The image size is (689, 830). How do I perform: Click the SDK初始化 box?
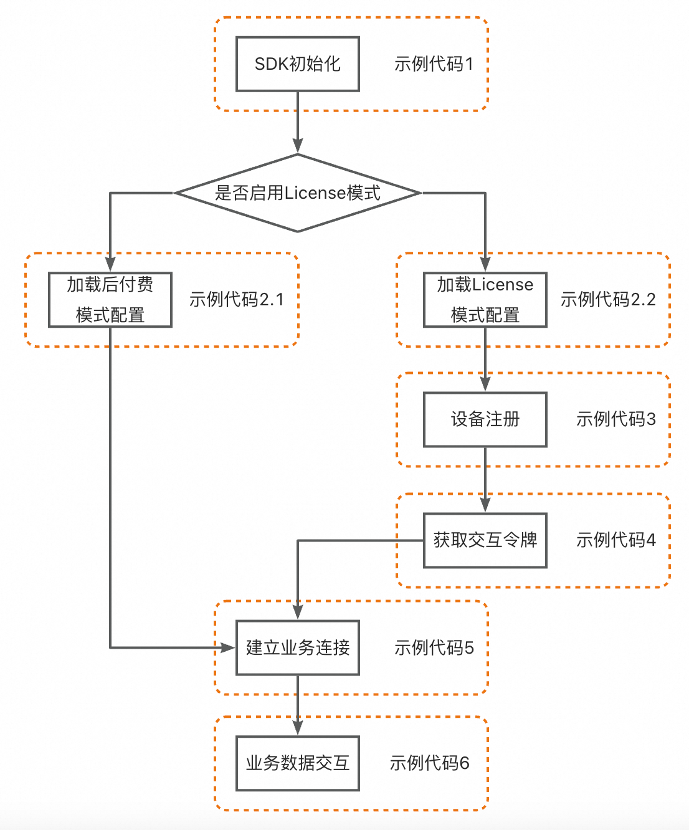[x=298, y=64]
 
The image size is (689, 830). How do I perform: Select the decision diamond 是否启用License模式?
[x=298, y=193]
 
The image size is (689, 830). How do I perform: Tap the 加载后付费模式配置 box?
[x=110, y=300]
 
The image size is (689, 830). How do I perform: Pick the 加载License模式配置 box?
[x=485, y=300]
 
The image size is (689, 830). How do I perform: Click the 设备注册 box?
[x=485, y=419]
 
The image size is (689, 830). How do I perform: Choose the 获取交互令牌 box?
[x=485, y=540]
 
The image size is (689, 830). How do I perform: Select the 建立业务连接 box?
[x=298, y=647]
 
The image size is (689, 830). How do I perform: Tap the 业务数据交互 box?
[x=298, y=763]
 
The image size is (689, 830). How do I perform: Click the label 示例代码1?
[x=434, y=64]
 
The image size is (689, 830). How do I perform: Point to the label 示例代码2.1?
[x=237, y=300]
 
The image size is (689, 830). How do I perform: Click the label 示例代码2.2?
[x=608, y=300]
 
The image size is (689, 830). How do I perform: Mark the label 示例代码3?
[x=615, y=419]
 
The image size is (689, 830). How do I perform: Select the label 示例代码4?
[x=615, y=540]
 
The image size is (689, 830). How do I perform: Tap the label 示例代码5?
[x=434, y=648]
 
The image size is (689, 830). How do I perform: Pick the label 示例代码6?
[x=429, y=763]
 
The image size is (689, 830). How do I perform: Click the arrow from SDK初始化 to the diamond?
[x=298, y=122]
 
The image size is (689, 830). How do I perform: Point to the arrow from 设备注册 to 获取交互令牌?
[x=485, y=480]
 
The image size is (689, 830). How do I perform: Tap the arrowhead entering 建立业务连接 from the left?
[x=228, y=647]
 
